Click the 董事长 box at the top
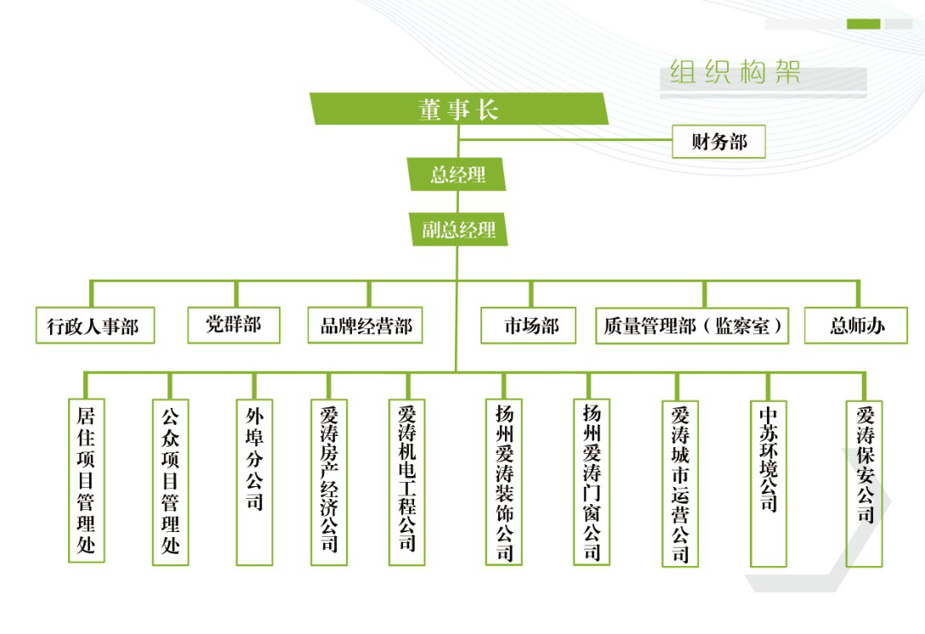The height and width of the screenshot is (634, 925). click(458, 109)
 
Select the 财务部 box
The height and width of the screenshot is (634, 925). click(718, 142)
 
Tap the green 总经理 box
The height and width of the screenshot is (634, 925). click(457, 175)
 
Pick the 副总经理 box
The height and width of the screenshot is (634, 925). click(459, 229)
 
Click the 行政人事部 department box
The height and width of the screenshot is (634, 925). click(94, 326)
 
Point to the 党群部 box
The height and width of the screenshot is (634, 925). click(234, 325)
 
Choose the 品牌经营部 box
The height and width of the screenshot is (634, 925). click(366, 325)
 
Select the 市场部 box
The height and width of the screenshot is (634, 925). click(531, 326)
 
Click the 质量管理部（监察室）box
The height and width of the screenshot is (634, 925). click(692, 326)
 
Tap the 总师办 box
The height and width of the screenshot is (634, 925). click(855, 325)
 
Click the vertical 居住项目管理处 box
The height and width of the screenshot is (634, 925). click(86, 481)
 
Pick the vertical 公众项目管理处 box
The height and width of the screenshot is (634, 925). click(170, 482)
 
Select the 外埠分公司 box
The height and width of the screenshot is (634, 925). click(254, 482)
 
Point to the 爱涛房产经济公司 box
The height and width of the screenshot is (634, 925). click(329, 482)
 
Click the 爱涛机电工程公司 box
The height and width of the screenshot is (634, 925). click(406, 482)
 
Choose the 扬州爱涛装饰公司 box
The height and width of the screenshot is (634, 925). click(504, 482)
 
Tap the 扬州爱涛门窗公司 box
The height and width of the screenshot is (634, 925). click(592, 482)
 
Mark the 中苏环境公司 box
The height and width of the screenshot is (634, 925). click(769, 482)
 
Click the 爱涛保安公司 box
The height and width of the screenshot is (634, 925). click(865, 482)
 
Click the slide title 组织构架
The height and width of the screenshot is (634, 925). click(735, 73)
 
